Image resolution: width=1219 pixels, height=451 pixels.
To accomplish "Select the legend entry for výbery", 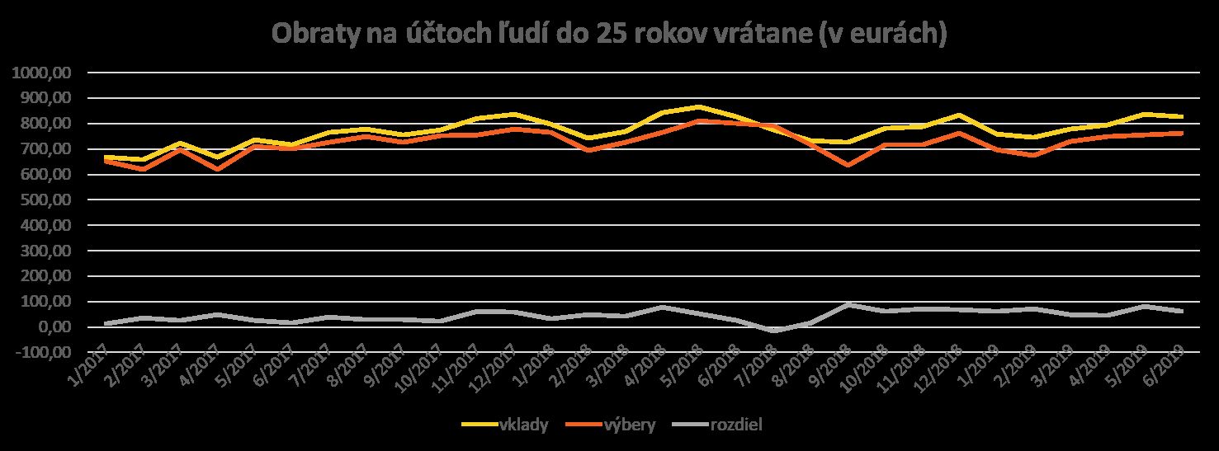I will [x=629, y=425].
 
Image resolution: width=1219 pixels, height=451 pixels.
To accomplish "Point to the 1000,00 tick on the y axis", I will [x=45, y=73].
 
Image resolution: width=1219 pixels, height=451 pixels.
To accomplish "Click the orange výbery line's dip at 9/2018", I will [x=848, y=165].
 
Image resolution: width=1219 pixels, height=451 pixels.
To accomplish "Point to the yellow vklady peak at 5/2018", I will [x=699, y=106].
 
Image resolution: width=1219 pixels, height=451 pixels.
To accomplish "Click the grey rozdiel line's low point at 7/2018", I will [x=773, y=331].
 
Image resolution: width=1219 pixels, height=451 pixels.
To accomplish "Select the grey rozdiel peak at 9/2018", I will [x=848, y=304].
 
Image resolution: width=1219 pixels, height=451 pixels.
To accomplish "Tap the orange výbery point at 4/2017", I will [x=216, y=169].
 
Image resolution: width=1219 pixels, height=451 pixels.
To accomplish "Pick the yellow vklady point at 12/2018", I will [x=959, y=115].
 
